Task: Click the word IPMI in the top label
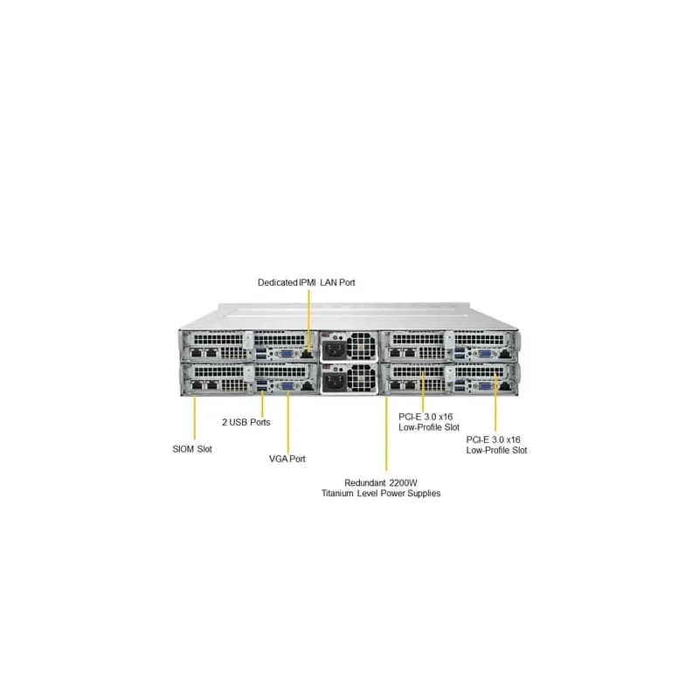click(308, 282)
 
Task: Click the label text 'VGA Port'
click(287, 459)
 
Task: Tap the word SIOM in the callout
click(183, 449)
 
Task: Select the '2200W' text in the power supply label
click(403, 483)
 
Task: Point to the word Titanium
click(338, 494)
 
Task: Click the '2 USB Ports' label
click(246, 422)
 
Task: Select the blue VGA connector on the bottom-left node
click(287, 386)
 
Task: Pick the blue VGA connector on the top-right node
click(485, 354)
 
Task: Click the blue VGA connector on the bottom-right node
click(485, 386)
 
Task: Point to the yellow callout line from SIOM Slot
click(194, 418)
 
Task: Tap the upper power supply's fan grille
click(360, 346)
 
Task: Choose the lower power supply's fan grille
click(360, 379)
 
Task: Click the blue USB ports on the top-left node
click(261, 355)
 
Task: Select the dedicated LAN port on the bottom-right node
click(505, 386)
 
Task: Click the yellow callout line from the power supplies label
click(386, 433)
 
